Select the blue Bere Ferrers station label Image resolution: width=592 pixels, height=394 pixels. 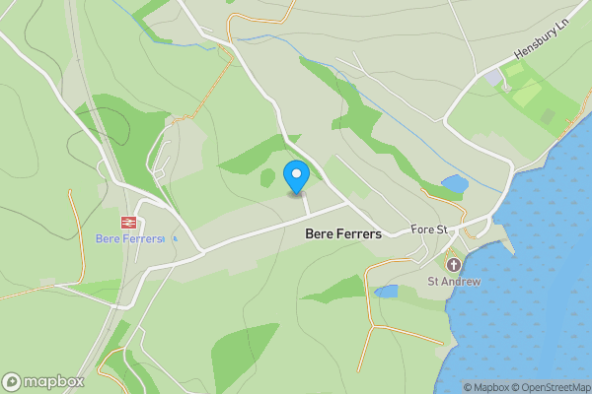129,238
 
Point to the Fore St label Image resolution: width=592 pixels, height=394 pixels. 430,230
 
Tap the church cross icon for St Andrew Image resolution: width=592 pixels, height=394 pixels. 453,265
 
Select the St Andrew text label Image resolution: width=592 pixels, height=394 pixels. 453,282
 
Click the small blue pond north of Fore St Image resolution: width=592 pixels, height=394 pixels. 455,183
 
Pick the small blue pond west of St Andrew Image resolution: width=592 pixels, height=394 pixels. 386,292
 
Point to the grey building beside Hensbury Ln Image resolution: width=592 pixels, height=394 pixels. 491,77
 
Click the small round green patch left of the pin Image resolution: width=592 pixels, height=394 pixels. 266,177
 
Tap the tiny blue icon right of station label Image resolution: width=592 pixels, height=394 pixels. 175,238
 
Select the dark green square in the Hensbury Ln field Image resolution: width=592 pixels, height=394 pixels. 548,115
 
